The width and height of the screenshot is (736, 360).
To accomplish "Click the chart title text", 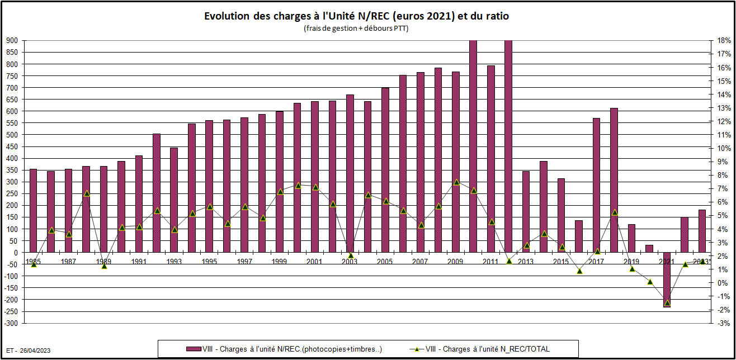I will click(x=356, y=16).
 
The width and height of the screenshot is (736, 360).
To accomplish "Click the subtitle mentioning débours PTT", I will click(x=356, y=29).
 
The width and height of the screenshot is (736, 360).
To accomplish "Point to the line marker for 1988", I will click(x=87, y=193).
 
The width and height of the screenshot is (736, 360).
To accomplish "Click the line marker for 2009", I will click(x=456, y=182).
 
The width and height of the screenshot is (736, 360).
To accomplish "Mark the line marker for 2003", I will click(x=351, y=255).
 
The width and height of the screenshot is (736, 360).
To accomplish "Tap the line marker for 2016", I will click(x=579, y=271).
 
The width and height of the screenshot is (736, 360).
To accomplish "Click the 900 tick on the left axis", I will click(x=12, y=41).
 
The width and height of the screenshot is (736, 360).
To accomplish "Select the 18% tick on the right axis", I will click(x=723, y=41).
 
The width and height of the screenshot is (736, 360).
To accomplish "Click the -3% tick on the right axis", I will click(x=723, y=324).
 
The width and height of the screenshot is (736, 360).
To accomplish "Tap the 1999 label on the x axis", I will click(x=280, y=262).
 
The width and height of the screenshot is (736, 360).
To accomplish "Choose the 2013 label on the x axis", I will click(x=526, y=262).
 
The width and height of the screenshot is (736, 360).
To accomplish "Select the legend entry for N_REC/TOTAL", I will click(x=487, y=349).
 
